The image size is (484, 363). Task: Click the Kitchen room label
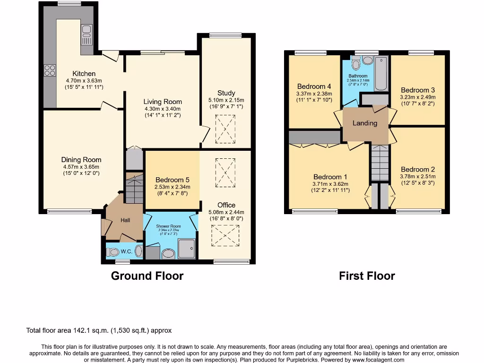84,74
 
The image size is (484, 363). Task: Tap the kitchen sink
87,35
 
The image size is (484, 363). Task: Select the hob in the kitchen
50,70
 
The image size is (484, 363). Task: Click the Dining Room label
81,160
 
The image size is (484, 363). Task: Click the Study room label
226,93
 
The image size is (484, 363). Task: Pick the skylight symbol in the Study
225,129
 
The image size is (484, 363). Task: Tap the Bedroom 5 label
173,180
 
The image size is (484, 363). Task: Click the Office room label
226,205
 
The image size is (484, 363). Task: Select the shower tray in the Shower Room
187,248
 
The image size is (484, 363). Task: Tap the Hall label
125,220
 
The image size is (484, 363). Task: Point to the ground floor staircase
134,189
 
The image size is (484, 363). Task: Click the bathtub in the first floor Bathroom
380,73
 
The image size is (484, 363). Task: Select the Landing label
365,123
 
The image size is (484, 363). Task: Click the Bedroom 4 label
314,86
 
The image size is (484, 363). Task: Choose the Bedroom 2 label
418,169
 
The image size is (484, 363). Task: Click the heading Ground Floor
147,276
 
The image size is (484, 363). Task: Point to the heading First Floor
367,276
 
